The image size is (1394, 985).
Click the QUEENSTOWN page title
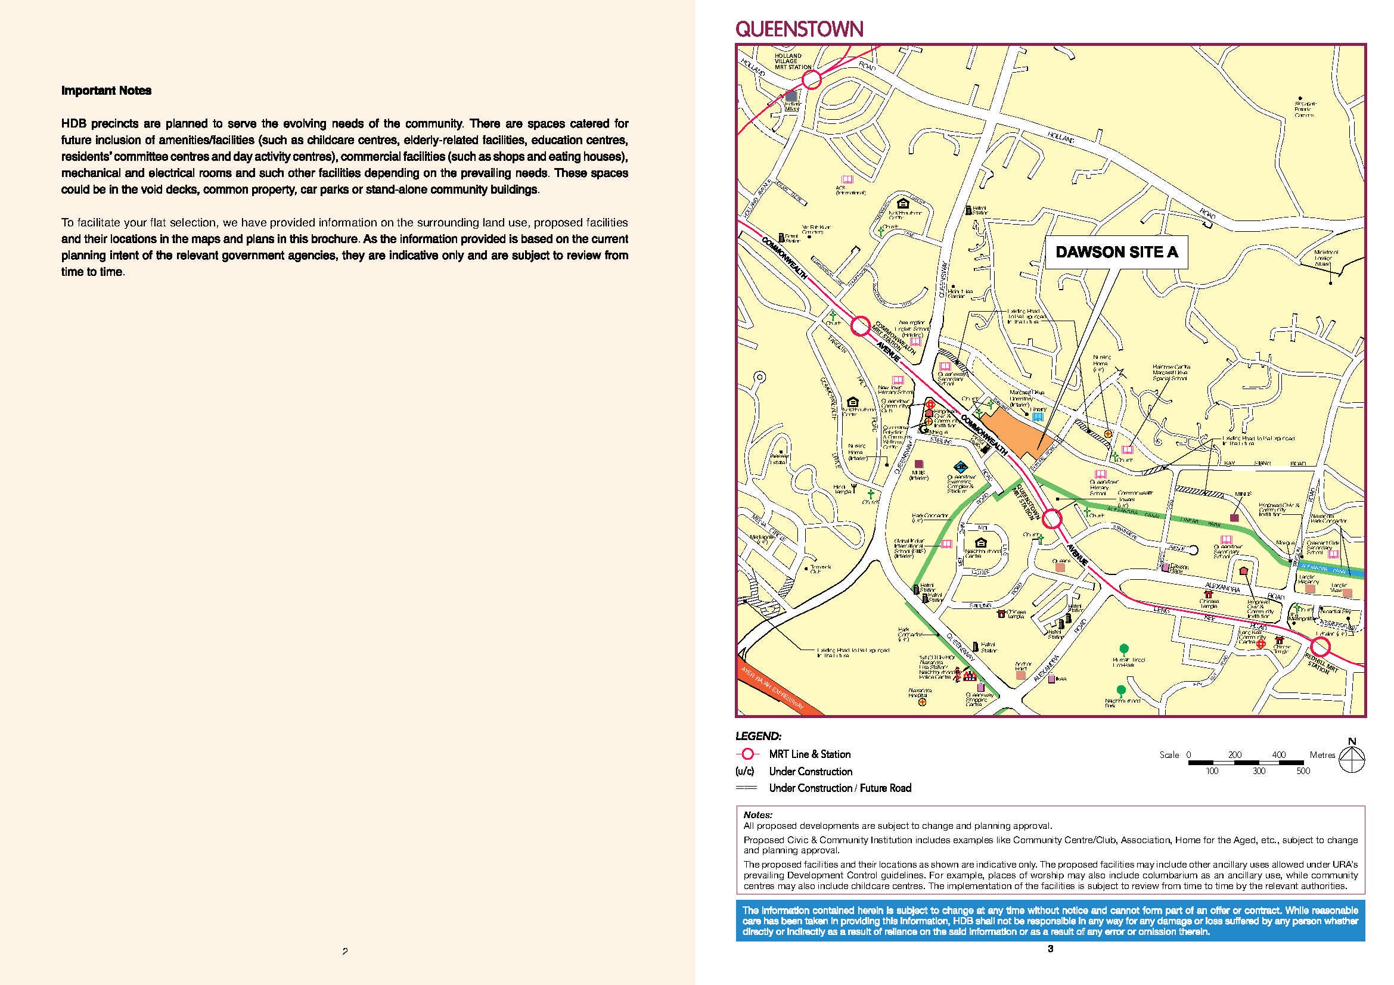click(799, 29)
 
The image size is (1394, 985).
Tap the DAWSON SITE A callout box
click(1116, 253)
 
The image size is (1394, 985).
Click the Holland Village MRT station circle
click(812, 79)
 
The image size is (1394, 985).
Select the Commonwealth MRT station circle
click(860, 327)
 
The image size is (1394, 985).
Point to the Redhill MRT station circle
click(1321, 647)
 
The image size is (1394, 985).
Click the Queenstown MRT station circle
click(1051, 519)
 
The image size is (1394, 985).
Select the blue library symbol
click(1038, 417)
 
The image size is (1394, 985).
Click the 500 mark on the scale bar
click(1303, 771)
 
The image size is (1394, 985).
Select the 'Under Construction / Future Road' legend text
click(840, 788)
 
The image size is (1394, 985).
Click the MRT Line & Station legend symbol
click(748, 754)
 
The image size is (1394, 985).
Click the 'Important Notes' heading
click(106, 91)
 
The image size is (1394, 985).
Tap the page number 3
click(1050, 949)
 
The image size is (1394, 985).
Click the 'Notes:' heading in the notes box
click(757, 815)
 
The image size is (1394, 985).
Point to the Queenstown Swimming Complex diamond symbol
click(960, 467)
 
